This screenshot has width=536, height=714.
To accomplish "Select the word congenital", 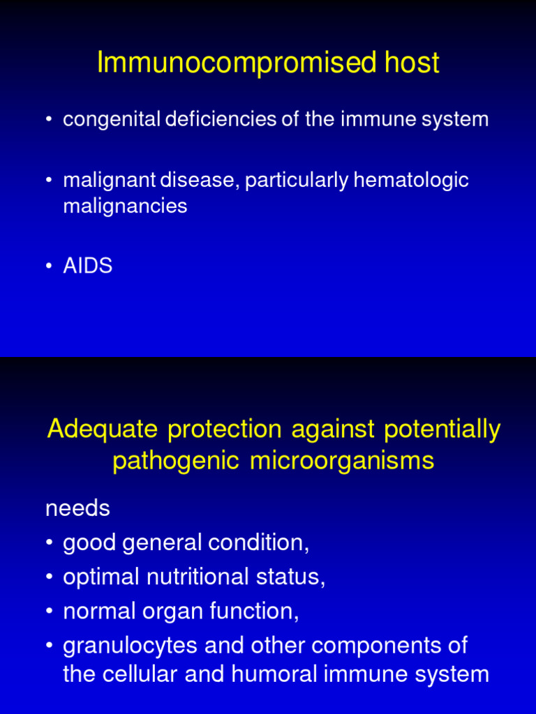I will coord(112,120).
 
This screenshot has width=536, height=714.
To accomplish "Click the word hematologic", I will coord(411,181).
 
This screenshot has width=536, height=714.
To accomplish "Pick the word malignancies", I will coord(125,206).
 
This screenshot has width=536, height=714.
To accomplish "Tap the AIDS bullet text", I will coord(87,266).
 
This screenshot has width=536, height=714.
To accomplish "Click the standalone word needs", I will coord(77,509).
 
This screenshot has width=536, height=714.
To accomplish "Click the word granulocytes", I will coord(130,646).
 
